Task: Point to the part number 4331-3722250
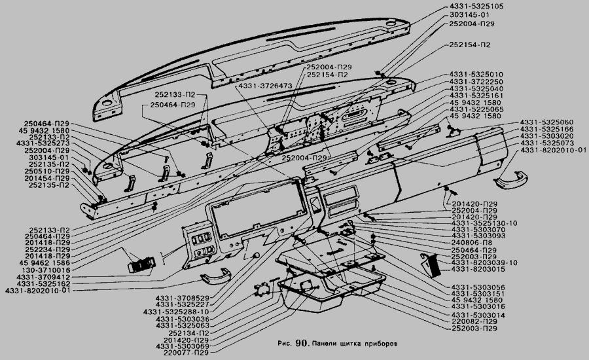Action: [x=476, y=81]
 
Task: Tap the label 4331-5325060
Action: [x=547, y=122]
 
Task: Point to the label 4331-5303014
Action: [x=477, y=315]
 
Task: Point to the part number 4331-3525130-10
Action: [x=484, y=223]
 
